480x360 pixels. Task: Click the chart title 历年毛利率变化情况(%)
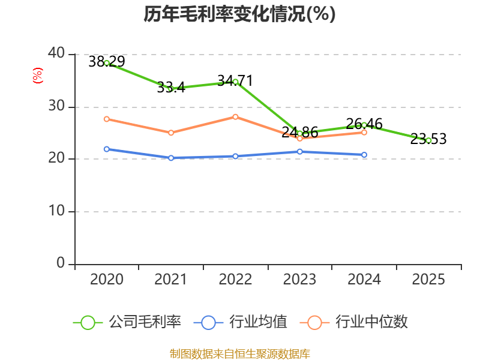239,14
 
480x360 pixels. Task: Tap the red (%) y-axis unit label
38,76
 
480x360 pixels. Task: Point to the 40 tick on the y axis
56,53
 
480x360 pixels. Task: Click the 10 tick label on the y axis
56,211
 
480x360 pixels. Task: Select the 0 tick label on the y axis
61,263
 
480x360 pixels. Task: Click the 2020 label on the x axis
107,279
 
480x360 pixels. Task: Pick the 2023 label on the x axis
299,279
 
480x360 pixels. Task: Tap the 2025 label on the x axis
428,279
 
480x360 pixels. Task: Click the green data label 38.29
107,62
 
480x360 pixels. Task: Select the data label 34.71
235,81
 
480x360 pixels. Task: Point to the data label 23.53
428,139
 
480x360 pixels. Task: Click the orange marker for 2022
235,117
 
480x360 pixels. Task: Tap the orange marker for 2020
107,119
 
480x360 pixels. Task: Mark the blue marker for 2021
171,158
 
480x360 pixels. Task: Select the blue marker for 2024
364,155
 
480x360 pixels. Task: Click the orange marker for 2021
171,133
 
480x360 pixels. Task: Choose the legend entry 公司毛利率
127,322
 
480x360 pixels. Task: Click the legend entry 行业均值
241,322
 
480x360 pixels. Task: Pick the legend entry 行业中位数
353,322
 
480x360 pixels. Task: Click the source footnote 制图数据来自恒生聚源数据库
239,354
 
